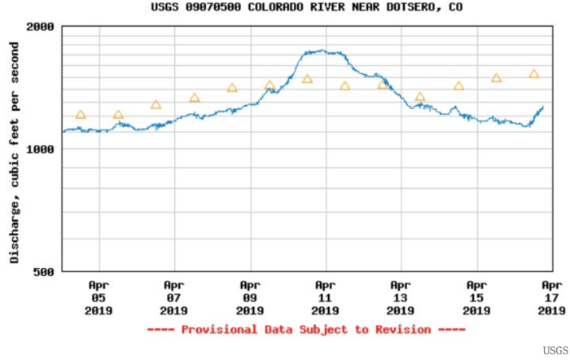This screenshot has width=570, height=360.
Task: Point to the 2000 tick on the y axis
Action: (40, 26)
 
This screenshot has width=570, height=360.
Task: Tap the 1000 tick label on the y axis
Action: (40, 149)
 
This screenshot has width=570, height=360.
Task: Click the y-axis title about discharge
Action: (15, 149)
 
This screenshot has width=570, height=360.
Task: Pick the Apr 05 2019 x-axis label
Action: (99, 297)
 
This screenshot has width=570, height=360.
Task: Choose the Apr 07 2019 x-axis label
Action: (173, 297)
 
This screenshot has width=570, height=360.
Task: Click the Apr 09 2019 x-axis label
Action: (249, 297)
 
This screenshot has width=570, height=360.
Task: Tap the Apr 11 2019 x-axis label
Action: (325, 297)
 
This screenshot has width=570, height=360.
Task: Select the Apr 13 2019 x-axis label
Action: (400, 297)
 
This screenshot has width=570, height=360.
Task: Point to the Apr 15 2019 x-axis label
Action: (476, 297)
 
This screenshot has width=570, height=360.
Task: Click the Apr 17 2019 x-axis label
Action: (551, 297)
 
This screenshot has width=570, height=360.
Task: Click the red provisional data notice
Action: (306, 330)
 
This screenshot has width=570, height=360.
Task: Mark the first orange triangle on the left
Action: (81, 115)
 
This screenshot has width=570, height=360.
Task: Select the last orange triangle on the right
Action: (534, 74)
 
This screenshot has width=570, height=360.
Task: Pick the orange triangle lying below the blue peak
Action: (307, 79)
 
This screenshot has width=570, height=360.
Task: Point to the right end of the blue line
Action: (543, 106)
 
